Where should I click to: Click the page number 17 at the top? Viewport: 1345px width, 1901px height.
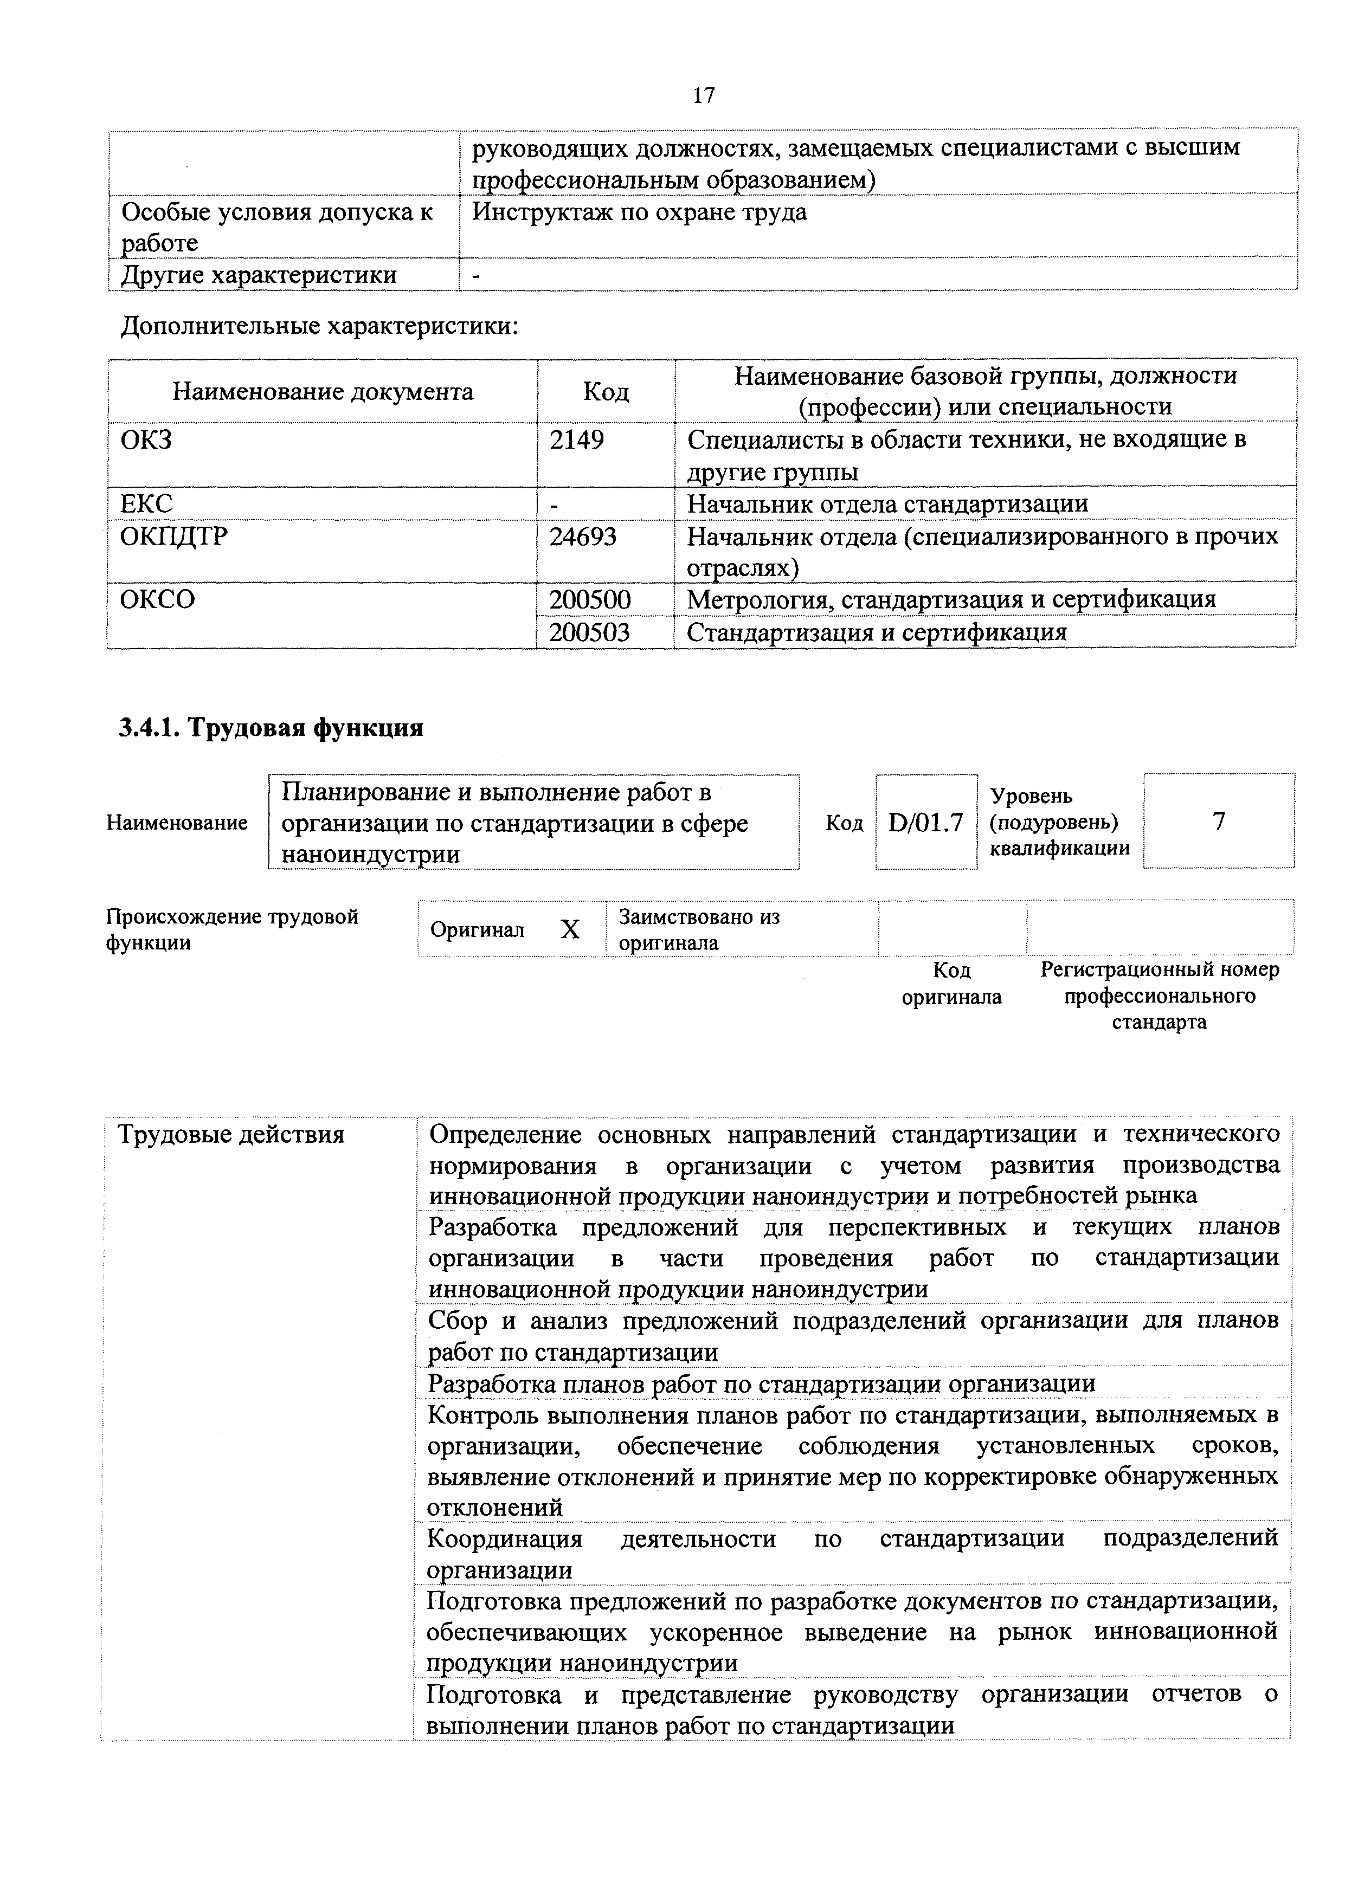point(703,96)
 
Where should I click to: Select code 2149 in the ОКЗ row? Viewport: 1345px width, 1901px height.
point(576,439)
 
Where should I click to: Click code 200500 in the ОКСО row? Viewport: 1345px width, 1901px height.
point(590,599)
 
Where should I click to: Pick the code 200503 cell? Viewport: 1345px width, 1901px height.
point(590,632)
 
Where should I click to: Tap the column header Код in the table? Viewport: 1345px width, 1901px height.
point(606,392)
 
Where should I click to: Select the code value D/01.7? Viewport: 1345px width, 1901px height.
point(926,822)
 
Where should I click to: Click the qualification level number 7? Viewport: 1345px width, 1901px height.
point(1218,822)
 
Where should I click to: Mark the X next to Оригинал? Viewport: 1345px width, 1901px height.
point(570,930)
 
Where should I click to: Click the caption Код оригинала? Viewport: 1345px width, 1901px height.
point(951,984)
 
